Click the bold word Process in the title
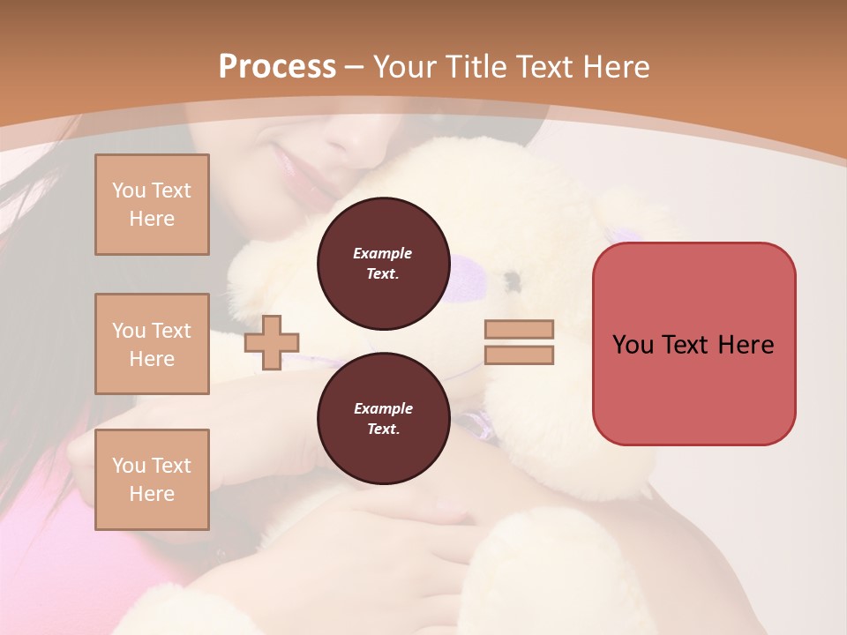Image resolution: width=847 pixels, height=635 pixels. point(277,67)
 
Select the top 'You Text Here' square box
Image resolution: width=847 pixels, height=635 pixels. point(152,205)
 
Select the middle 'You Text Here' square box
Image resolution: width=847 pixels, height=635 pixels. point(152,344)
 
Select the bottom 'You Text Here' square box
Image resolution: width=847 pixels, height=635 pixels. point(152,480)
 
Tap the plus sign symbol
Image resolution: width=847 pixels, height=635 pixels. point(272,342)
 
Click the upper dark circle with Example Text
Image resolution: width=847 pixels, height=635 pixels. point(383,264)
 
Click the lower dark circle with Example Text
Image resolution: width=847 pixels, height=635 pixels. point(383,419)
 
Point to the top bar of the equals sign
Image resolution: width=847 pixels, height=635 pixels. point(519,330)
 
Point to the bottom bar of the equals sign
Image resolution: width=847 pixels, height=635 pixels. point(519,355)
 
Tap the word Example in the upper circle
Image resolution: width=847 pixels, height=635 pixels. point(383,253)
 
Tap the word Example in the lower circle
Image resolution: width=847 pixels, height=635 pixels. point(383,408)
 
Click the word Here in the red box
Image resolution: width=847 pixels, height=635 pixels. point(746,345)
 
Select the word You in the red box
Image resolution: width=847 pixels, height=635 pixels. point(633,345)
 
